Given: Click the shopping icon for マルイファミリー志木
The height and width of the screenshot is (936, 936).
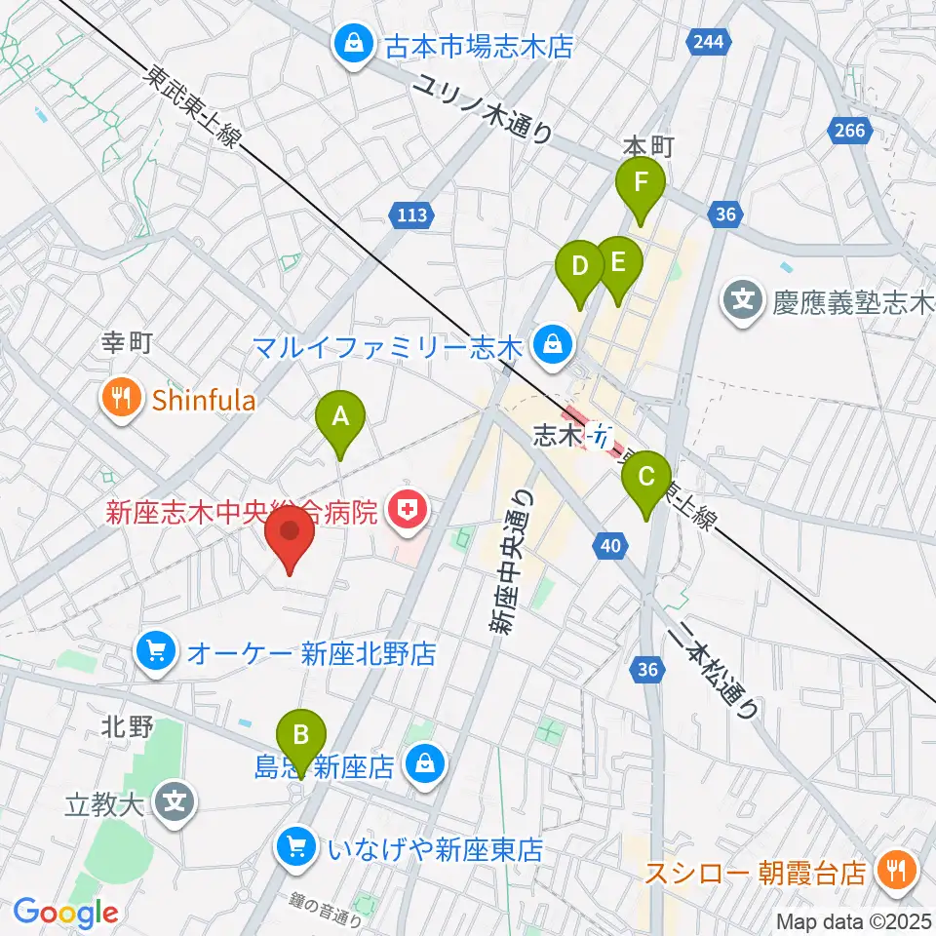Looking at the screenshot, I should [553, 344].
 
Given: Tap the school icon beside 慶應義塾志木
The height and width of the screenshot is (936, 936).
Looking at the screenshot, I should [745, 297].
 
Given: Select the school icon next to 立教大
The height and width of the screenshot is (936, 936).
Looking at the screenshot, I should [175, 804].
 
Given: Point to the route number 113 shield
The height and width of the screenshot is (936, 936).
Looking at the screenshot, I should [411, 214].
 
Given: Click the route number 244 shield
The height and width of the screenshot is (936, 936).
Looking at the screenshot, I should [708, 41].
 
